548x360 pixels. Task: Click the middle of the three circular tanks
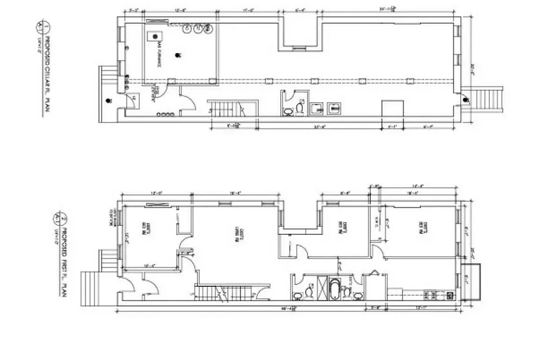coord(197,29)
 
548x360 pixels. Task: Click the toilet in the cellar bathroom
coord(299,108)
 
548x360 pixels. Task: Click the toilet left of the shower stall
coord(309,291)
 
